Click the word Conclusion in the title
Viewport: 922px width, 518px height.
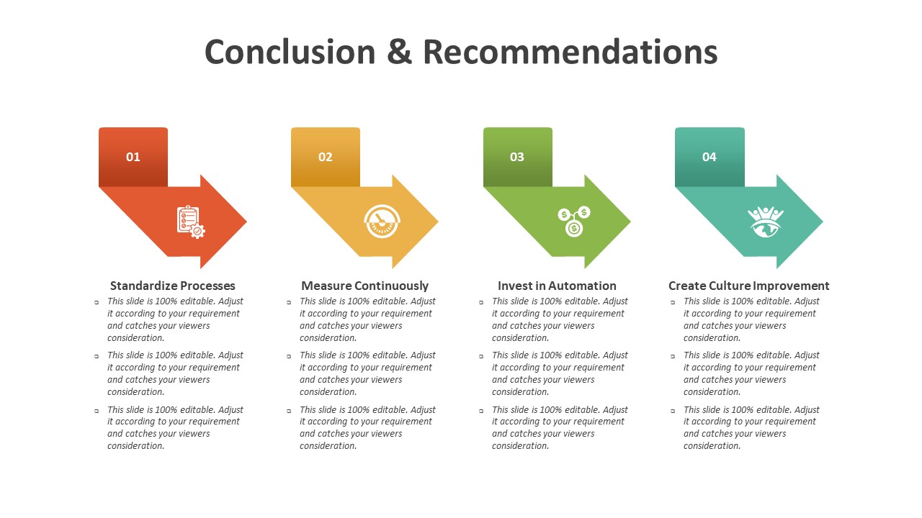coord(290,53)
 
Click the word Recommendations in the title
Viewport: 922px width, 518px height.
coord(570,53)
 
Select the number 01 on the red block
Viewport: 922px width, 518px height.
coord(133,157)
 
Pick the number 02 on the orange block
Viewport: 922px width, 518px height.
coord(325,157)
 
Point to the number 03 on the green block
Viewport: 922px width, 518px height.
coord(517,157)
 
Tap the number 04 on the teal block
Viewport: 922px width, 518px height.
coord(710,157)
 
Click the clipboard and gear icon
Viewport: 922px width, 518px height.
coord(191,222)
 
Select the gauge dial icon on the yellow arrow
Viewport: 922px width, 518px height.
coord(382,221)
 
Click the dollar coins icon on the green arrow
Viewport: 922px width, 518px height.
coord(574,221)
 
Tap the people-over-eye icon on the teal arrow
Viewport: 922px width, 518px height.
coord(766,222)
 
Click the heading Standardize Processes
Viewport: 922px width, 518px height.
coord(172,286)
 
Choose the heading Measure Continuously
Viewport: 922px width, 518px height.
coord(364,286)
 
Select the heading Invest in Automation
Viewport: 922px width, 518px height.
coord(557,286)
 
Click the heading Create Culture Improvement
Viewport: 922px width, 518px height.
coord(748,286)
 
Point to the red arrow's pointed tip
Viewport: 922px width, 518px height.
coord(246,222)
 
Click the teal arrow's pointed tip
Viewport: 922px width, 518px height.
coord(823,222)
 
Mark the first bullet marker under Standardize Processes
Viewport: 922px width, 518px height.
coord(97,303)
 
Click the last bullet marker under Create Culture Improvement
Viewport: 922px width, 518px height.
coord(673,411)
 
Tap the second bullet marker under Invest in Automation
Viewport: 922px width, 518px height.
coord(481,356)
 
